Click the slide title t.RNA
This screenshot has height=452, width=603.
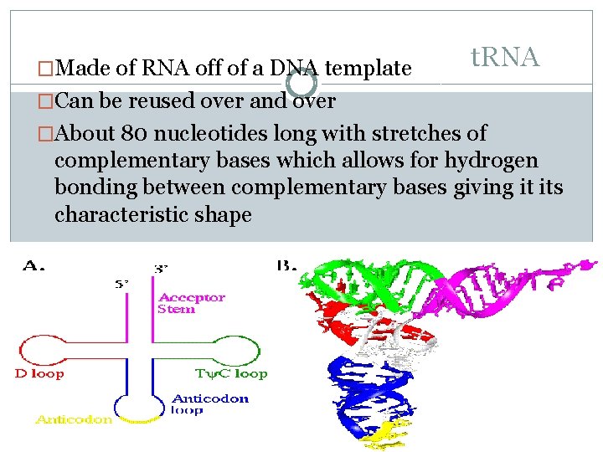(x=504, y=58)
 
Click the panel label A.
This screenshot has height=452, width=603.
(x=34, y=266)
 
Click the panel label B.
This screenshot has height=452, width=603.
(x=287, y=266)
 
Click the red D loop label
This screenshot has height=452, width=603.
(x=39, y=373)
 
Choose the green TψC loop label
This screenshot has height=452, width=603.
(x=232, y=373)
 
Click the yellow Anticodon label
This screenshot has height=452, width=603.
(x=74, y=420)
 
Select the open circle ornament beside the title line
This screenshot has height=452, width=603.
(x=301, y=83)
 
